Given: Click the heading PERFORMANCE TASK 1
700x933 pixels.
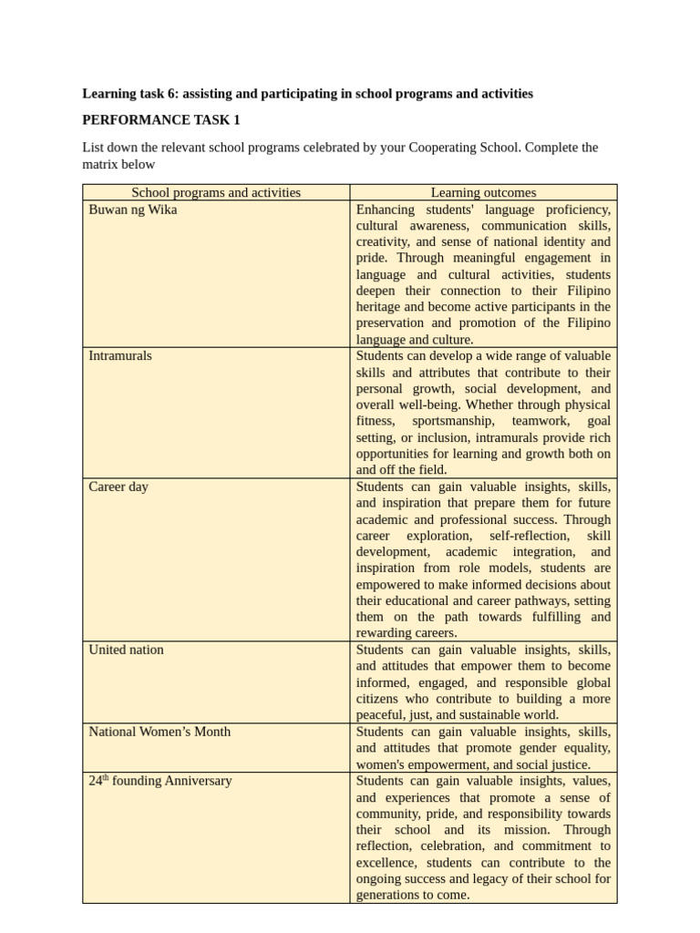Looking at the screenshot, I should (161, 120).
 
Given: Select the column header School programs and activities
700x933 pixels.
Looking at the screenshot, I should (216, 192).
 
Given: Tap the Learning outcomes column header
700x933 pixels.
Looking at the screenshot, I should (483, 192).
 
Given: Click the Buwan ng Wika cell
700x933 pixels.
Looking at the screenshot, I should (133, 210).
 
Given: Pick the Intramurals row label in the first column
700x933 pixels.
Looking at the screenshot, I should (120, 356).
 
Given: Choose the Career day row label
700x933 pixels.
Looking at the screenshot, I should (118, 487).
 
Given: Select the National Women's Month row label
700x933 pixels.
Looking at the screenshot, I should (160, 732).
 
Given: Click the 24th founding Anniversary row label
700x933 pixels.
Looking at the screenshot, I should (160, 781).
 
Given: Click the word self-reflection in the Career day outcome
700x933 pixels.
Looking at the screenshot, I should (529, 536).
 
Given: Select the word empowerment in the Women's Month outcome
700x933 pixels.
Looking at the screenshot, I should (456, 764).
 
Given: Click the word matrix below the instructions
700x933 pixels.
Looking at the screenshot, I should (102, 164).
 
